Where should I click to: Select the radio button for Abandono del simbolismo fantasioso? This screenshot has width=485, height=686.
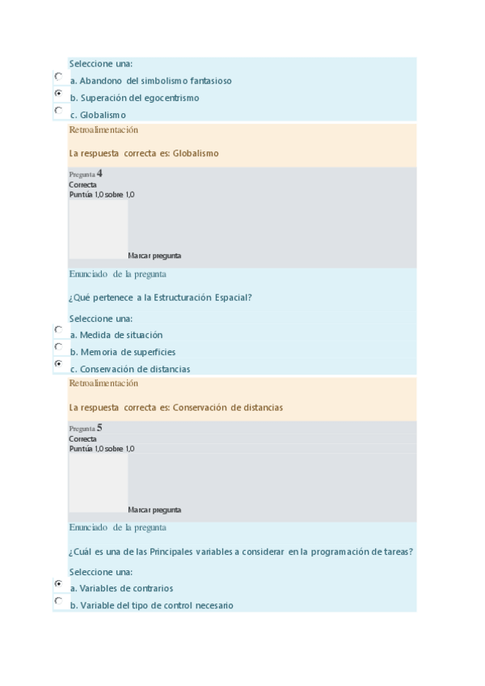coord(58,76)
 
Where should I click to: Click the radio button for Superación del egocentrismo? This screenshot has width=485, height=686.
coord(58,94)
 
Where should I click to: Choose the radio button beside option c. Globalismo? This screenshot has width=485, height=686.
coord(58,110)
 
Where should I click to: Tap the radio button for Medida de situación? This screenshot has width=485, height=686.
coord(58,330)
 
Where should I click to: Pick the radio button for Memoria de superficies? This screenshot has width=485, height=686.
coord(58,347)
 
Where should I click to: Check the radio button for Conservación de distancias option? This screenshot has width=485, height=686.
coord(58,364)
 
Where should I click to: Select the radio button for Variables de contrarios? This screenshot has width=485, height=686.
coord(58,583)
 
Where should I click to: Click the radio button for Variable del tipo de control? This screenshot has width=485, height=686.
coord(58,601)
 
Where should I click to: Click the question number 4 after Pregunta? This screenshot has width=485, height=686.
coord(99,173)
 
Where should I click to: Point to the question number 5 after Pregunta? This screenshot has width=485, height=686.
coord(99,427)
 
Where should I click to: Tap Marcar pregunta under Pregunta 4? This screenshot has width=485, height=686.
coord(154,256)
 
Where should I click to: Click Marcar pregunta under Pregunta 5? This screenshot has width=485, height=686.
coord(154,510)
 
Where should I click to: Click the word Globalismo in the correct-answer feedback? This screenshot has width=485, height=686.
coord(196,153)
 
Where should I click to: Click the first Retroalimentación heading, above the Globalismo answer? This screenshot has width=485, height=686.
coord(103,129)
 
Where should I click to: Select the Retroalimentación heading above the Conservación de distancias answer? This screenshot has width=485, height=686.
coord(103,383)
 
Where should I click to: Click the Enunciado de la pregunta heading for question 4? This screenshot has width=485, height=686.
coord(118,273)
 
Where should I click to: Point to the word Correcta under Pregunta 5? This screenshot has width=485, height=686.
coord(82,438)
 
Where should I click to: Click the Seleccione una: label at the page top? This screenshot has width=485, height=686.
coord(101,64)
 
